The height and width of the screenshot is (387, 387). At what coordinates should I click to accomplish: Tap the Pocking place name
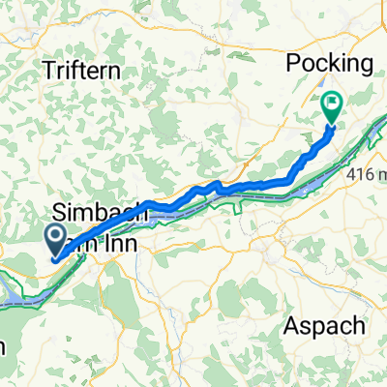click(330, 64)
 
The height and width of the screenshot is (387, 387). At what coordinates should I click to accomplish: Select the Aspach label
click(325, 325)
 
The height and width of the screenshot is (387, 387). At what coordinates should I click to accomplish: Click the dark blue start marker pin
click(55, 238)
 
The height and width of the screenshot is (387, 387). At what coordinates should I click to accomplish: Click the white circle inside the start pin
click(55, 235)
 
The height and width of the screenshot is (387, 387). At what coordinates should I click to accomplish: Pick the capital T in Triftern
click(48, 70)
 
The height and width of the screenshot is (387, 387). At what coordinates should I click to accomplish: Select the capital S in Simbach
click(64, 212)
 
